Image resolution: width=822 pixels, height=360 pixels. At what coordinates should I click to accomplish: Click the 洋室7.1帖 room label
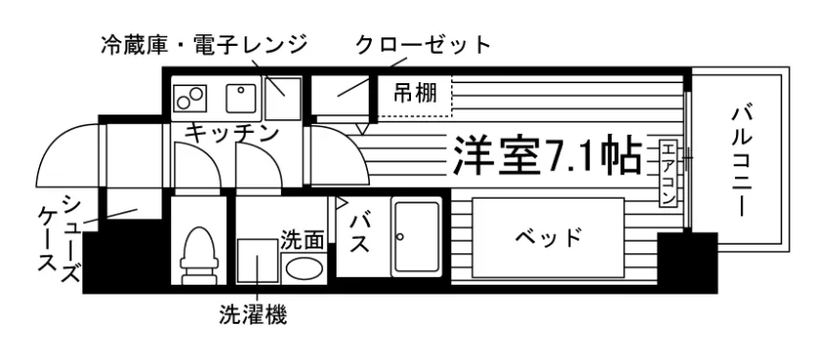click(547, 156)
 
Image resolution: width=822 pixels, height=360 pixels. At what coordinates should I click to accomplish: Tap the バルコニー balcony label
click(743, 160)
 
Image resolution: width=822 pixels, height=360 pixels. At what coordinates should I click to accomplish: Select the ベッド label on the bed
click(548, 238)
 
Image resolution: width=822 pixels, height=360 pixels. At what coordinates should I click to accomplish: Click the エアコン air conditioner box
click(667, 173)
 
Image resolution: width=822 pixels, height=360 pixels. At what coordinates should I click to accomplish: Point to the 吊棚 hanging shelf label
click(415, 94)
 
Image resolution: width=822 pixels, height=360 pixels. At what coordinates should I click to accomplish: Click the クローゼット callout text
click(423, 46)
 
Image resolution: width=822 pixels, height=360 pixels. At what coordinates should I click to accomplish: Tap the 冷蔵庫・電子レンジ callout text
click(204, 45)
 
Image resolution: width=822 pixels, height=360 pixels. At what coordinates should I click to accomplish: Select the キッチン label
click(231, 133)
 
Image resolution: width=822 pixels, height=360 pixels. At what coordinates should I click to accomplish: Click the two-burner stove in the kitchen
click(189, 98)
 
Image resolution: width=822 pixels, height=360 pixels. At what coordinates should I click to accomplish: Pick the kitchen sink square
click(241, 98)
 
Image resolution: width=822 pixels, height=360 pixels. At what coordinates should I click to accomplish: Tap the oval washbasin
click(304, 269)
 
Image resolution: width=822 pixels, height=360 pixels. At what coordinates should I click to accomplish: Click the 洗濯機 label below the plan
click(253, 315)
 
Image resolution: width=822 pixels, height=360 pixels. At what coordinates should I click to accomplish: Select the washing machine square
click(256, 261)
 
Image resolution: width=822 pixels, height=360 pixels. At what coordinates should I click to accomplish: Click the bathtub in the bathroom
click(417, 237)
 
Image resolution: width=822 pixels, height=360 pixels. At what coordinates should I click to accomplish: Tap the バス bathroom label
click(360, 233)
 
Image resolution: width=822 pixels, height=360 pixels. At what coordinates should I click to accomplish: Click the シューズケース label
click(60, 238)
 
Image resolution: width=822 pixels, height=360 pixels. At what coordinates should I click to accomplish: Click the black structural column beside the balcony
click(687, 262)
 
